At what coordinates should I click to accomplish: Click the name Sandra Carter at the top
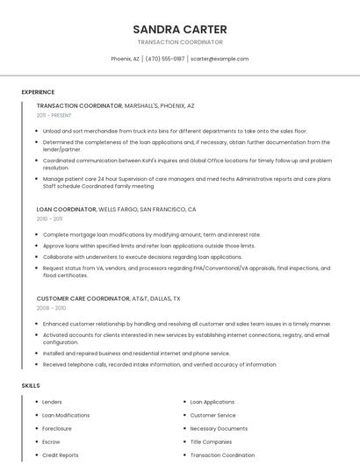click(x=179, y=29)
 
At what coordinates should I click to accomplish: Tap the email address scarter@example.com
click(x=220, y=59)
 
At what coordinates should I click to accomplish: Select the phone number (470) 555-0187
click(x=165, y=59)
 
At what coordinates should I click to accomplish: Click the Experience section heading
click(x=38, y=92)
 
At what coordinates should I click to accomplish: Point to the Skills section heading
click(x=31, y=385)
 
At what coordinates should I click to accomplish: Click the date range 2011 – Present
click(x=54, y=115)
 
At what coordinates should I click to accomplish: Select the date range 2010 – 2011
click(x=50, y=219)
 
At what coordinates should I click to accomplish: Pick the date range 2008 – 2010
click(x=51, y=308)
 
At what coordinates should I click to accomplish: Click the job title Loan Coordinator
click(x=67, y=210)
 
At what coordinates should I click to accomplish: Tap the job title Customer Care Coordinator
click(x=83, y=298)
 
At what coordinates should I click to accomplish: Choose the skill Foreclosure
click(x=58, y=428)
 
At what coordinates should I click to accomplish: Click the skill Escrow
click(x=52, y=442)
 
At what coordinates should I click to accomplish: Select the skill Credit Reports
click(x=61, y=455)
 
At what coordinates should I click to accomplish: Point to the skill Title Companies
click(x=211, y=442)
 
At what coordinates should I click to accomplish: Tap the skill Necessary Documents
click(x=219, y=428)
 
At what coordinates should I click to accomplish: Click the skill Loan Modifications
click(x=66, y=415)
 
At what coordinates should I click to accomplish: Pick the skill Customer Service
click(x=212, y=415)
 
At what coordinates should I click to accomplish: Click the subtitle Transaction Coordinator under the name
click(x=179, y=42)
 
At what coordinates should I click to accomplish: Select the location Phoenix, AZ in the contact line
click(x=125, y=59)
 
